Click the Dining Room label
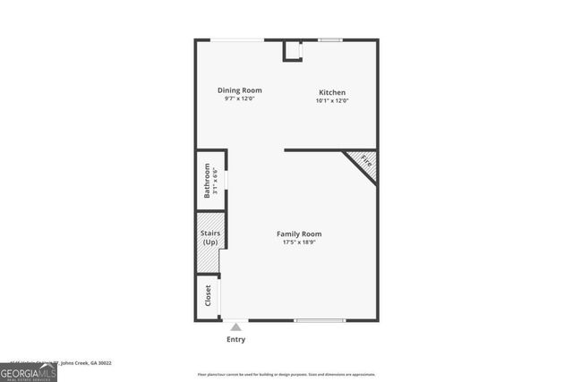pyautogui.click(x=240, y=89)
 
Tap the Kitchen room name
pyautogui.click(x=331, y=92)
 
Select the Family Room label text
pyautogui.click(x=299, y=233)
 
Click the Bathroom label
pyautogui.click(x=207, y=180)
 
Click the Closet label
pyautogui.click(x=208, y=296)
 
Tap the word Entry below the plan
pyautogui.click(x=235, y=340)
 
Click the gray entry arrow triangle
pyautogui.click(x=235, y=327)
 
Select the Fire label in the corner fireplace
pyautogui.click(x=364, y=162)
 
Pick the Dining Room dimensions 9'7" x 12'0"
pyautogui.click(x=240, y=98)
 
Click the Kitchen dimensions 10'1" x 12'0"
pyautogui.click(x=331, y=101)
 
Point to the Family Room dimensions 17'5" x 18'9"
pyautogui.click(x=299, y=242)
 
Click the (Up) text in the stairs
pyautogui.click(x=210, y=242)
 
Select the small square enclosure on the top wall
pyautogui.click(x=293, y=50)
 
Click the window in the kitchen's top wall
pyautogui.click(x=330, y=39)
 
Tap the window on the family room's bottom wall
pyautogui.click(x=320, y=320)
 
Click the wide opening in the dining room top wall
pyautogui.click(x=237, y=39)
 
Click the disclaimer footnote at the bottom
pyautogui.click(x=286, y=375)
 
